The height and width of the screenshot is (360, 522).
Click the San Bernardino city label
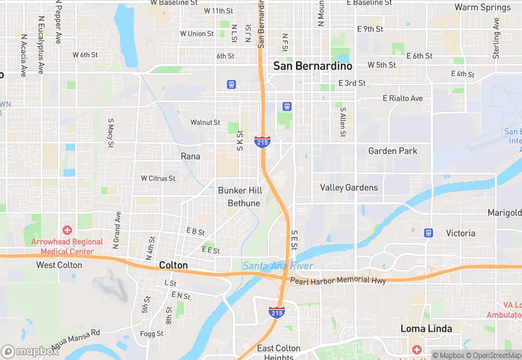[x=313, y=66]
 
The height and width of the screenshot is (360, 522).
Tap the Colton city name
[x=173, y=265]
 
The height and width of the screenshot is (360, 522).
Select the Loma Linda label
[x=427, y=328]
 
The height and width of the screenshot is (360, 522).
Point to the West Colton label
[x=59, y=265]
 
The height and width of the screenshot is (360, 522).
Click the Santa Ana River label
[x=277, y=266]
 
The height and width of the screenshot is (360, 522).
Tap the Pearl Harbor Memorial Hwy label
[x=338, y=280]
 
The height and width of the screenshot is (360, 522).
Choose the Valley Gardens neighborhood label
[x=349, y=188]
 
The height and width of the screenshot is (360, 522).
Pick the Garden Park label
[x=392, y=150]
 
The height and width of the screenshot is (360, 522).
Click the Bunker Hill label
[x=240, y=190]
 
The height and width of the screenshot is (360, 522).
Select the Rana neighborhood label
[x=190, y=157]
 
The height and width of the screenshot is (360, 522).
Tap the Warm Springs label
[x=483, y=8]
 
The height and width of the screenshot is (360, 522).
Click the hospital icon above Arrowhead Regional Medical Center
[x=67, y=230]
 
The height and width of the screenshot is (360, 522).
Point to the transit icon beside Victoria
[x=429, y=233]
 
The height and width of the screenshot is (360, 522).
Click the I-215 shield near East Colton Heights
[x=277, y=313]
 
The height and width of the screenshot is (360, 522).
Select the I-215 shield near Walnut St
[x=262, y=142]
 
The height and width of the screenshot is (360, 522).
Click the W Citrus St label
[x=158, y=178]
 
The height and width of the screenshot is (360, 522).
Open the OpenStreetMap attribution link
[x=494, y=355]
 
